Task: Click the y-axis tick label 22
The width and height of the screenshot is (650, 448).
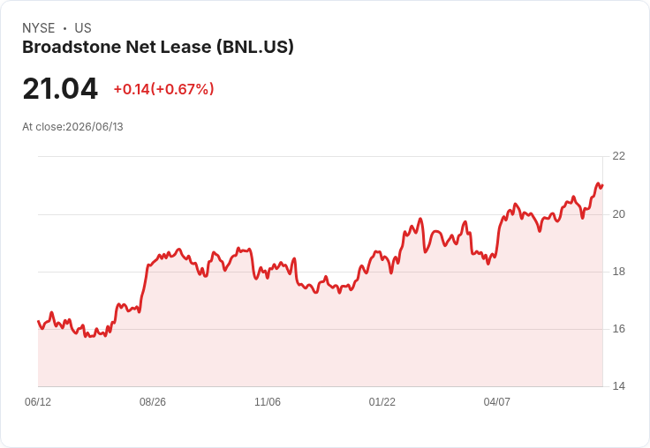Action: (618, 156)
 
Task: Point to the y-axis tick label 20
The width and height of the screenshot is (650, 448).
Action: (618, 214)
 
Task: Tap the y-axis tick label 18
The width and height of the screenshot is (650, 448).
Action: (618, 272)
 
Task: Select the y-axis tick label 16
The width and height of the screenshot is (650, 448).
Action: (618, 329)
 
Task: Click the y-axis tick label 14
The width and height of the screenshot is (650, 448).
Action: (618, 386)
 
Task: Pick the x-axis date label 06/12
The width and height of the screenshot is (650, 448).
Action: (38, 402)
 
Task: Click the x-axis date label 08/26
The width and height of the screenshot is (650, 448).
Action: (153, 402)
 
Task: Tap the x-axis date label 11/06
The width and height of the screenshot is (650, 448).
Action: (268, 402)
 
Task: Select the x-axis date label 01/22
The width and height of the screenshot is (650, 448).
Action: (382, 402)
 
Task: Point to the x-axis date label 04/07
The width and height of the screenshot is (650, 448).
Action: (496, 402)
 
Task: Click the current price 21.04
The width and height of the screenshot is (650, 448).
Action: (60, 89)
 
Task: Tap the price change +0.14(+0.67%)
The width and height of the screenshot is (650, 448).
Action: (163, 89)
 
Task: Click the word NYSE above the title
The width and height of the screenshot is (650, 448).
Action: (39, 28)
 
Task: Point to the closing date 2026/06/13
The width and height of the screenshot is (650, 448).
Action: (94, 127)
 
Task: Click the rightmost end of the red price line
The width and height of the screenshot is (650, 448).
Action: (602, 185)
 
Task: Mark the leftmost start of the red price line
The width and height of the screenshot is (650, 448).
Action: (38, 321)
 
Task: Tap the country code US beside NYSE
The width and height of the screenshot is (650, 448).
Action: (83, 28)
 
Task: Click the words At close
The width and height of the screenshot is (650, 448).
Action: (42, 127)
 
